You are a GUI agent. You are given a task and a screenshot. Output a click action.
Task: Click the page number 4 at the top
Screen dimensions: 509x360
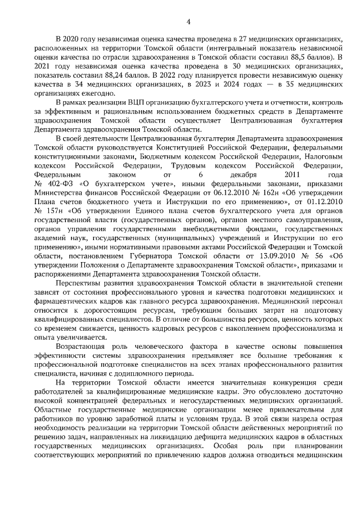pyautogui.click(x=188, y=22)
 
